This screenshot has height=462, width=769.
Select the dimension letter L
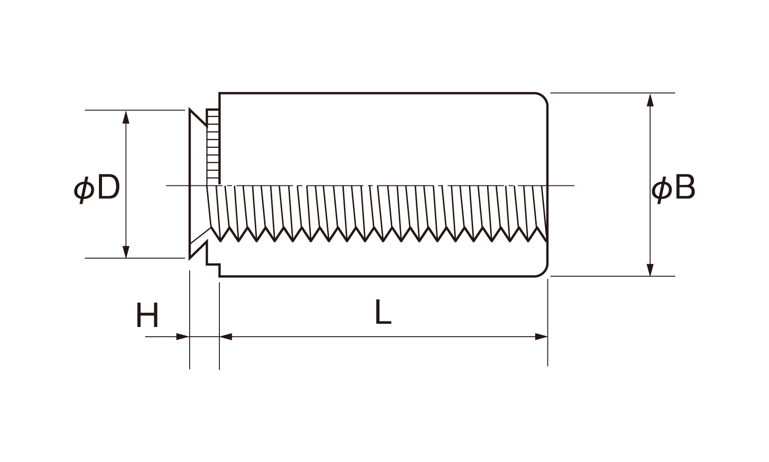coord(382,312)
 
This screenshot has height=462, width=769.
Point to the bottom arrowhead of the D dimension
coord(126,252)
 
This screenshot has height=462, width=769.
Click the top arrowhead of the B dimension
coord(650,99)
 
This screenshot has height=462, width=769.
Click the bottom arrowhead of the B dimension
coord(650,270)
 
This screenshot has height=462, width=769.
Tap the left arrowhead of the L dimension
coord(226,337)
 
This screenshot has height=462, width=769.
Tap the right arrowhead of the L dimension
coord(541,337)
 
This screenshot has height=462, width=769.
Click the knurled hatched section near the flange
coord(213,146)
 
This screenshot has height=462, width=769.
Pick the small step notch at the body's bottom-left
coord(213,265)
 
